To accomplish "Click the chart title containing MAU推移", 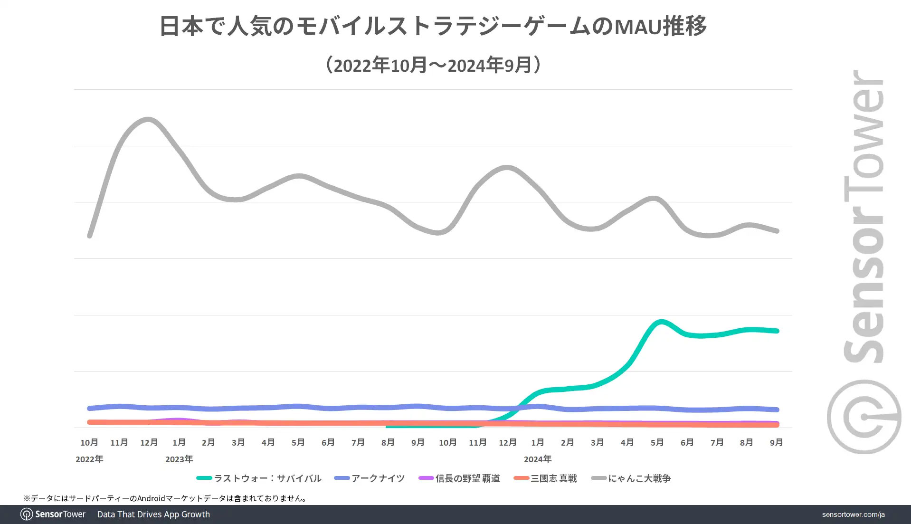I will click(433, 26).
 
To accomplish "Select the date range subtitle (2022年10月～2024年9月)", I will click(433, 65).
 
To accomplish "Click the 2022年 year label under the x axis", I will click(89, 459).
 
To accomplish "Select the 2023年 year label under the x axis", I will click(179, 459).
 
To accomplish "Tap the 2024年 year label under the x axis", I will click(538, 459).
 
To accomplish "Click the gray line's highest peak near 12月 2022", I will click(149, 119).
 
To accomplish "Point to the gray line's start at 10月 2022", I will click(90, 236).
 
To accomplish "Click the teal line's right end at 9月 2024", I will click(777, 331).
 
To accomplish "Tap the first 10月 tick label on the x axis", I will click(89, 443).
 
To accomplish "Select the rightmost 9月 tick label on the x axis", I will click(776, 443).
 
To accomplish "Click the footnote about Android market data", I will click(166, 498).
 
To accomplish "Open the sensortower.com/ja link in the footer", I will click(853, 514).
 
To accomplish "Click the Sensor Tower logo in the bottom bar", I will click(53, 514).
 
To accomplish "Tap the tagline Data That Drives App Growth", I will click(153, 514).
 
